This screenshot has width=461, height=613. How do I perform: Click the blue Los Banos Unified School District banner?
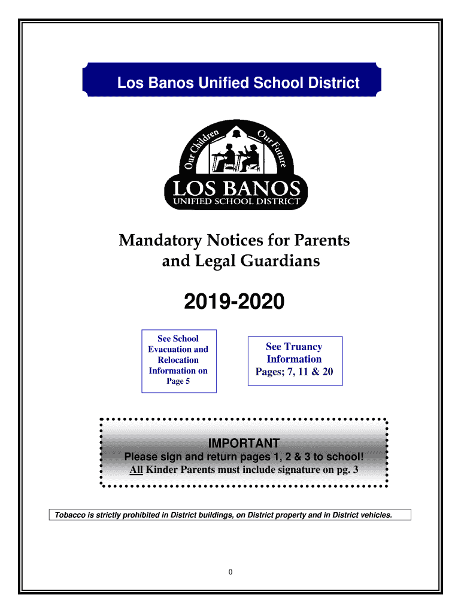point(231,83)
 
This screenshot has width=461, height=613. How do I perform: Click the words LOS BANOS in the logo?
point(236,188)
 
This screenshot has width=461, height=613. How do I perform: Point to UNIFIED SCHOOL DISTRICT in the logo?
point(236,202)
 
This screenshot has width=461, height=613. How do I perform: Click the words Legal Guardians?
point(241,262)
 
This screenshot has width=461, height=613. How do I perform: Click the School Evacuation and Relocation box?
point(178,360)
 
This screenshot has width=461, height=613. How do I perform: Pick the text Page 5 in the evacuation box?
point(178,381)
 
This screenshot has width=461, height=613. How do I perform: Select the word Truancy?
point(303,347)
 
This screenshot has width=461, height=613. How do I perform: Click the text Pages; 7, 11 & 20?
point(294,372)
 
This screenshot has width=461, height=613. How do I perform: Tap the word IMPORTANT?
point(243,444)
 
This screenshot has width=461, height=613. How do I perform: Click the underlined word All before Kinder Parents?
point(136,470)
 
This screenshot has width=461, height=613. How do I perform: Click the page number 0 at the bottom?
point(230,572)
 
